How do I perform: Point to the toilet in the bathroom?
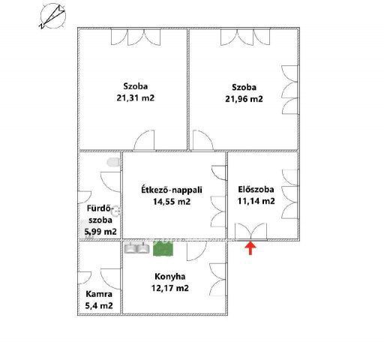(114, 162)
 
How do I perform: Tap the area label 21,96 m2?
(244, 98)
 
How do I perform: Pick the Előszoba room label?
(255, 189)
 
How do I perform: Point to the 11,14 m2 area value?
(255, 201)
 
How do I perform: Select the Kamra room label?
(99, 293)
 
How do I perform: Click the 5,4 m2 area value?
(99, 306)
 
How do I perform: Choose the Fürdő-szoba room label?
(100, 213)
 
